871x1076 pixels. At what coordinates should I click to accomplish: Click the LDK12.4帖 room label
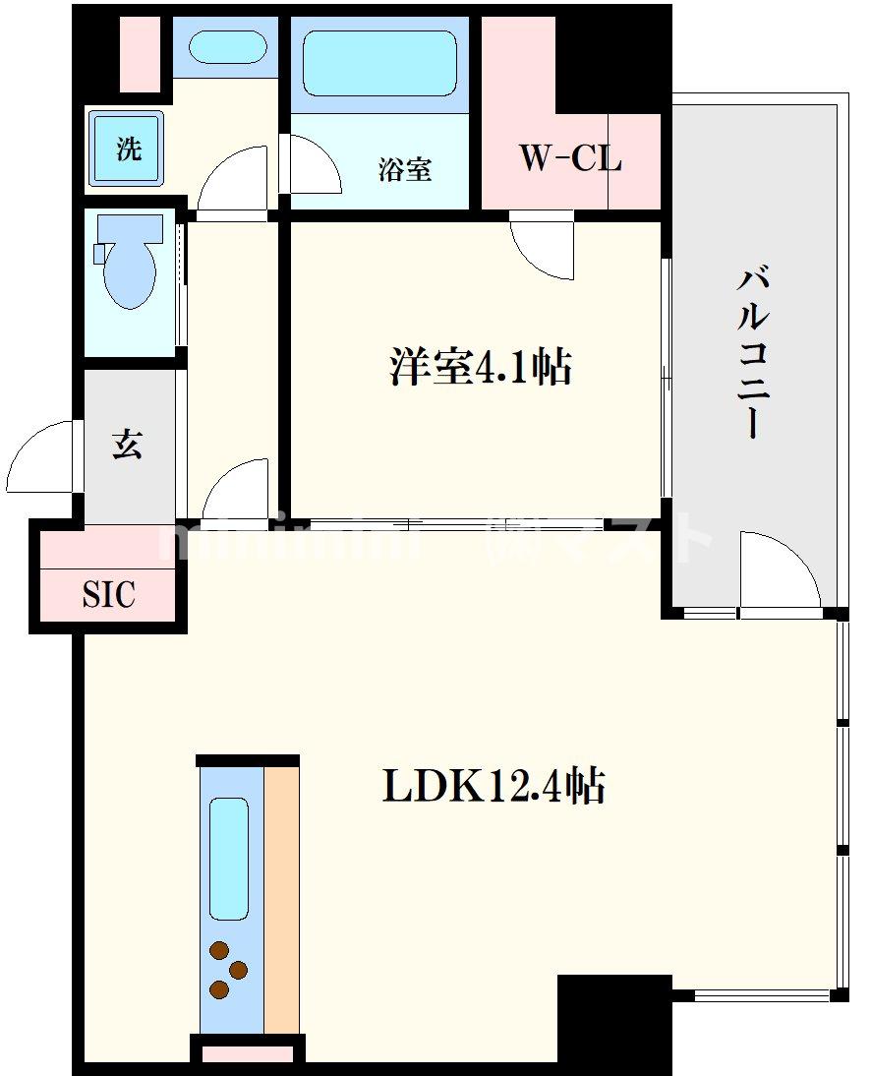coord(493,787)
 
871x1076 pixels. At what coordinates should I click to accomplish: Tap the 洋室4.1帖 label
coord(479,367)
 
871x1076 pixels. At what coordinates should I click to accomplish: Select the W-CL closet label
coord(570,158)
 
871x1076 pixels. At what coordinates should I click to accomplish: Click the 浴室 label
coord(404,169)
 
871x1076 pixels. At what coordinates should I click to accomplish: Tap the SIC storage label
coord(108,594)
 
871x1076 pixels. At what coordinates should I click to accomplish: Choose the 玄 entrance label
coord(127,445)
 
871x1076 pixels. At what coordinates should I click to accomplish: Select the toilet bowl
coord(129,262)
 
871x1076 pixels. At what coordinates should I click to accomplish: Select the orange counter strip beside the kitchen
coord(281,899)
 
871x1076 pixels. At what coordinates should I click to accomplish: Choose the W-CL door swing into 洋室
coord(541,248)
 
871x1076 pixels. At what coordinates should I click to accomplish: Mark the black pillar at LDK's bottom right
coord(613,1023)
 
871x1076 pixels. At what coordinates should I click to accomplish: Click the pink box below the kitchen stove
coord(247,1053)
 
